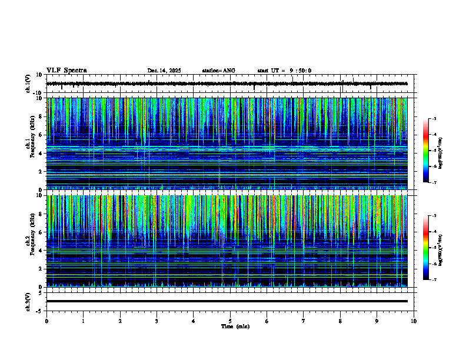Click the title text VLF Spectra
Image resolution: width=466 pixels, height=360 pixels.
66,71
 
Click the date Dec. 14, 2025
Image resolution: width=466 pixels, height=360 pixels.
164,71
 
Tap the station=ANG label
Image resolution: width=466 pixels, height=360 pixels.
218,71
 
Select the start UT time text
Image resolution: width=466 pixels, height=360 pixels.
284,71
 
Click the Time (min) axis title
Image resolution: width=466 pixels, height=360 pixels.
235,326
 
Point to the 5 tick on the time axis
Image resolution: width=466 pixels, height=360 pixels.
230,321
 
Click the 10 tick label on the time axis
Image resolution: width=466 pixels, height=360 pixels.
414,321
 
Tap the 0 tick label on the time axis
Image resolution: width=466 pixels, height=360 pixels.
46,321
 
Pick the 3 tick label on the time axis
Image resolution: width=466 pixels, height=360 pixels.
157,321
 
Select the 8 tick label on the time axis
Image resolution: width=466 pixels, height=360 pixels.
340,321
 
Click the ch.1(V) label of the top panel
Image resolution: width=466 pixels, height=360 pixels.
28,84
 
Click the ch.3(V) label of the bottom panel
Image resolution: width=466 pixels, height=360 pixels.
28,301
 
